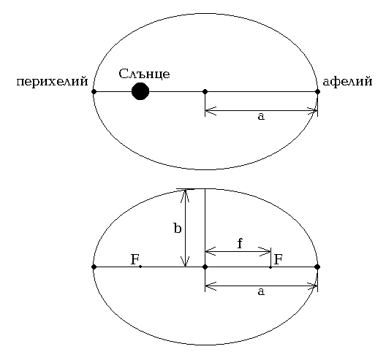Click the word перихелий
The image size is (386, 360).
[52, 82]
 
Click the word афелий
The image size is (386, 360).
[347, 81]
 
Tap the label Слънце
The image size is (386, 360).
[144, 74]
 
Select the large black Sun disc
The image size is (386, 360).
[140, 91]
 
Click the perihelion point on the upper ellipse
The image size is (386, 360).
[94, 92]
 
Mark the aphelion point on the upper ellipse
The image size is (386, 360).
[317, 92]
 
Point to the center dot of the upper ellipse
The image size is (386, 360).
[205, 92]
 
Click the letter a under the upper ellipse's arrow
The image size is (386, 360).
[261, 116]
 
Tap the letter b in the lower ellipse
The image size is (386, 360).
[178, 228]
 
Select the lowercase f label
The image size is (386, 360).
[240, 243]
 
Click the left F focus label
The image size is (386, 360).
[135, 259]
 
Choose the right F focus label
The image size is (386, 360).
[279, 259]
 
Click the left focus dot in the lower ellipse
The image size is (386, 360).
[140, 267]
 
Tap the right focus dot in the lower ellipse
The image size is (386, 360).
[270, 267]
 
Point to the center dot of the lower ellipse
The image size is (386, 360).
[205, 267]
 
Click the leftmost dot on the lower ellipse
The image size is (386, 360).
[94, 267]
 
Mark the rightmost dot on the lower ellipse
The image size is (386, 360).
[317, 267]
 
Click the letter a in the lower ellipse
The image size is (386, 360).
[261, 291]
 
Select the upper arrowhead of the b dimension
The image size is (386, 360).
[185, 196]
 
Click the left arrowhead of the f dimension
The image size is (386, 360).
[211, 251]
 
